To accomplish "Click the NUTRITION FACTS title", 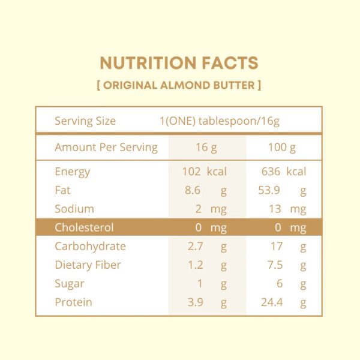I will [179, 63].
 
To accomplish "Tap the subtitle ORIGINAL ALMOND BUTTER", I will [179, 85].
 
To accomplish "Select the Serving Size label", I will [85, 121].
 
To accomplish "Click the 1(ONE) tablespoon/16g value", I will [220, 121].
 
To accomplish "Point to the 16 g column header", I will [206, 147].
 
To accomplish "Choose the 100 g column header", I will [282, 147].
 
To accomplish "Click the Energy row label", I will [72, 172].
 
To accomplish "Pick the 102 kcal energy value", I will [204, 172].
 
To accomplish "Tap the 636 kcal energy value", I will [284, 172].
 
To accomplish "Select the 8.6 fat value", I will [192, 190].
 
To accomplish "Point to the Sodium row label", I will [74, 209].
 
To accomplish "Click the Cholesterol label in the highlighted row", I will [84, 227].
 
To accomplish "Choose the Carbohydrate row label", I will [90, 246].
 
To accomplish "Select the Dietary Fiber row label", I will [88, 265].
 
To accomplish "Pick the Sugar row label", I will [69, 283].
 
